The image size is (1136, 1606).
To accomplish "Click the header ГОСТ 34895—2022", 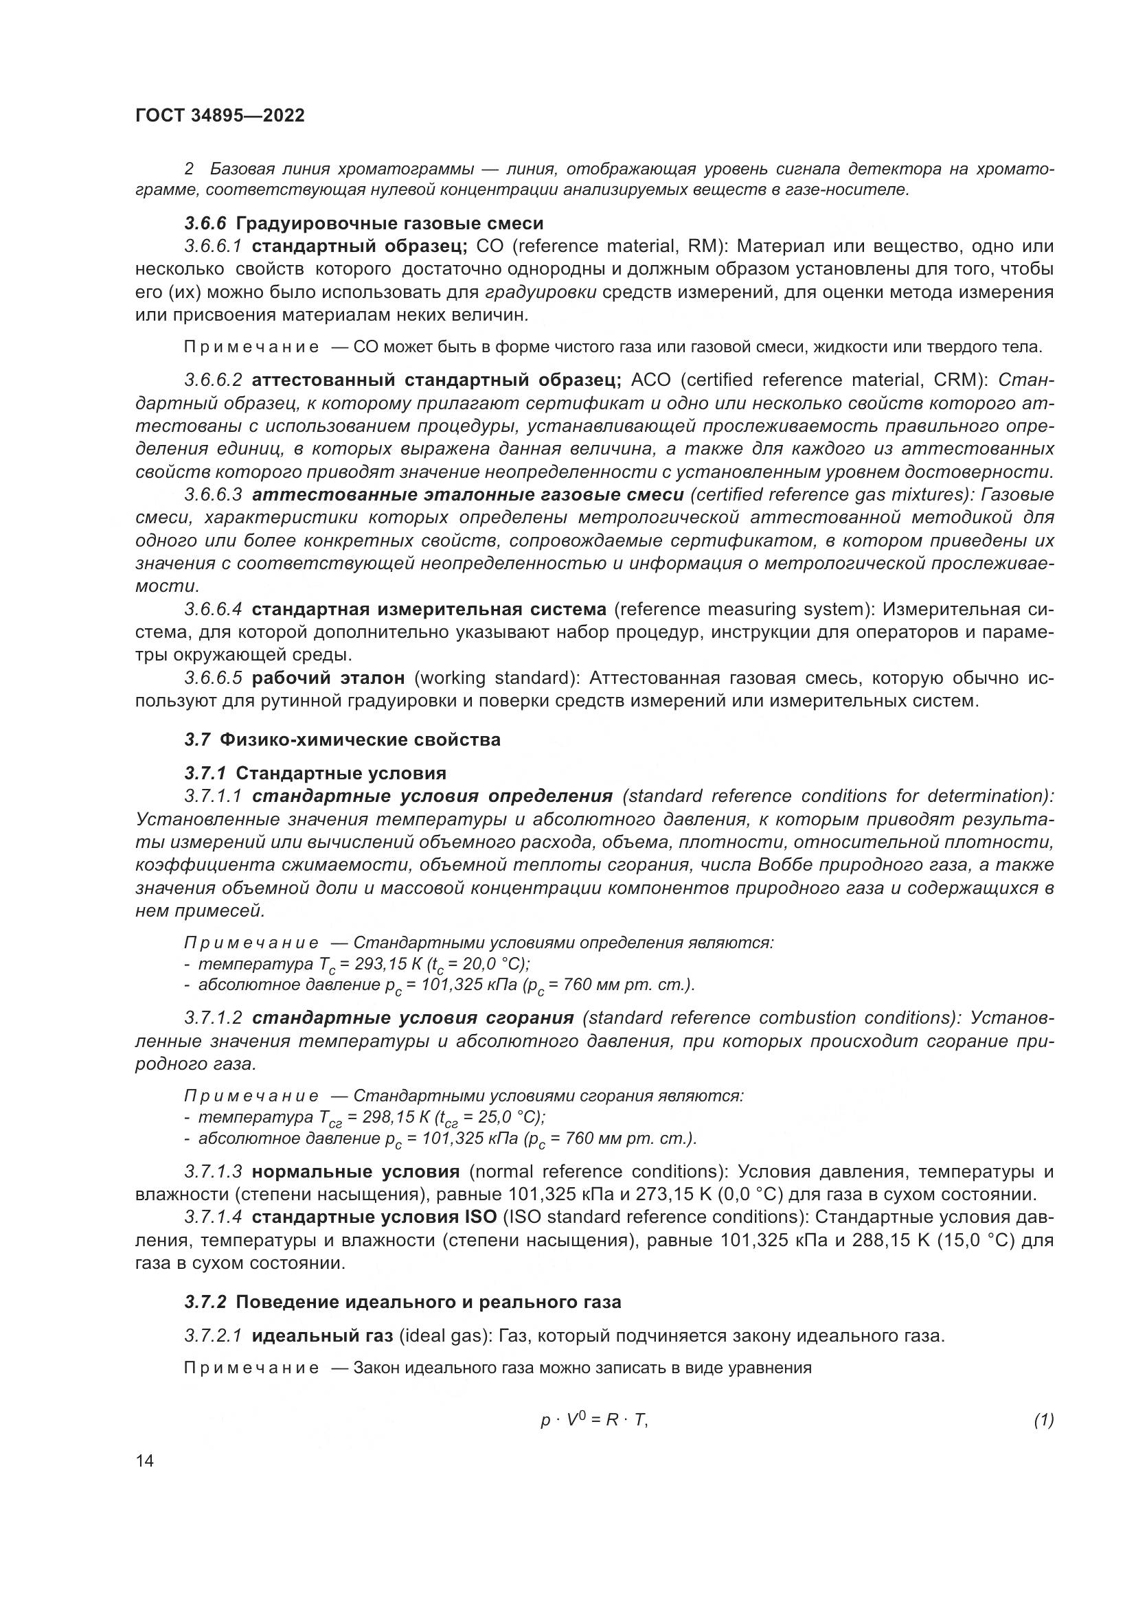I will tap(220, 115).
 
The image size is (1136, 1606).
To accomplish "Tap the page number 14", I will tap(145, 1460).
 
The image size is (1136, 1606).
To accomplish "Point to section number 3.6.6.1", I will tap(214, 246).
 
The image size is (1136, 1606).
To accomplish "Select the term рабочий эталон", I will tap(328, 678).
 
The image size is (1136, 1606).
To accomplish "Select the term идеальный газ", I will tap(321, 1336).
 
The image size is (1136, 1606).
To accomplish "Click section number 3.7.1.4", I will tap(214, 1217).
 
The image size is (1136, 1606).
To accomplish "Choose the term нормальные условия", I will tap(355, 1171).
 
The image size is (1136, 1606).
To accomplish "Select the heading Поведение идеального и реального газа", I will tap(428, 1302).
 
